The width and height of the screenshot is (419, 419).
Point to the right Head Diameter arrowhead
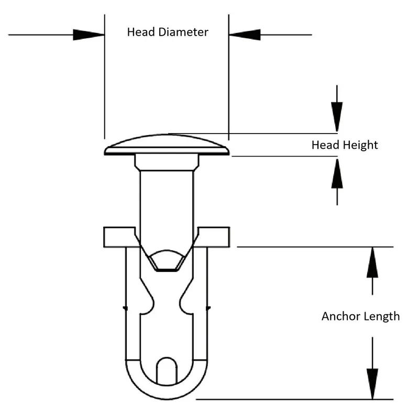click(x=245, y=35)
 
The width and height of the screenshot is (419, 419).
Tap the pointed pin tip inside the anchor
click(x=167, y=260)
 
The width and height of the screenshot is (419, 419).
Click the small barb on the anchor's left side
click(x=124, y=308)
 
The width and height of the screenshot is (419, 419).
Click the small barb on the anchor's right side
click(x=208, y=308)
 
